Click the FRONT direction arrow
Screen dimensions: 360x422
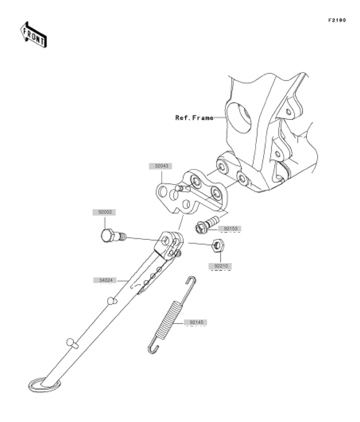pos(34,35)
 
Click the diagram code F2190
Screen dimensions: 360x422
pos(337,20)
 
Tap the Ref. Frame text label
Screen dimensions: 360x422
pos(194,117)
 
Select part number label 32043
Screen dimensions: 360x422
pos(161,166)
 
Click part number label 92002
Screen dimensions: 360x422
pos(104,212)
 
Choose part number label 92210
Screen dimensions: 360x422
pos(220,266)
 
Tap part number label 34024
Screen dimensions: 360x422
pos(105,280)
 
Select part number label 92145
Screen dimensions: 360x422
pos(196,322)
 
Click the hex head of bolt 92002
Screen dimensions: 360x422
pos(107,236)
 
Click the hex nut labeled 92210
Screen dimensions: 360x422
pos(218,245)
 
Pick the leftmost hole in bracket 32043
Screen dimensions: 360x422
pos(163,192)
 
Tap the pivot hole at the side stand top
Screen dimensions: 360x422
pos(166,241)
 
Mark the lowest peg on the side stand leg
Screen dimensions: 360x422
pos(72,343)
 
